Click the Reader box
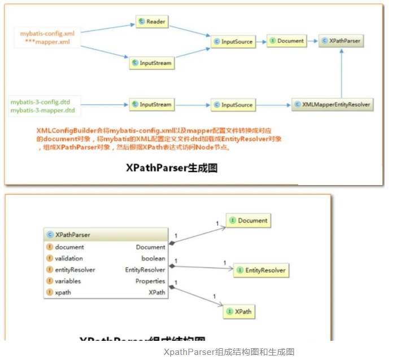152,22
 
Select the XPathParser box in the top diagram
341,41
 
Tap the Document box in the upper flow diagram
287,41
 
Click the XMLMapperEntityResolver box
333,105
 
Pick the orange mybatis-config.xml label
47,33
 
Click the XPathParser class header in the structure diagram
106,235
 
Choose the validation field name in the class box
69,258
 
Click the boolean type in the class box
153,258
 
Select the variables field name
68,281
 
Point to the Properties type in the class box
150,281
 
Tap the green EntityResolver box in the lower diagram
260,270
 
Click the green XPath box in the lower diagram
240,311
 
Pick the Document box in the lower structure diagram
248,221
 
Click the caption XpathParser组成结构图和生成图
229,352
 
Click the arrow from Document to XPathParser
313,41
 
